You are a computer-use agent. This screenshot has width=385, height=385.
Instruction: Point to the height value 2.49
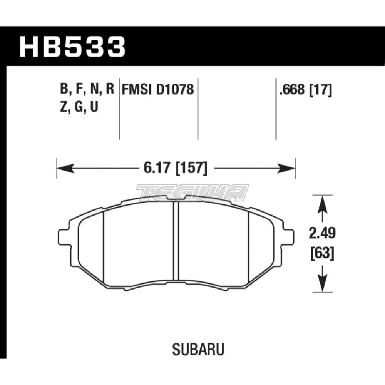[x=322, y=234]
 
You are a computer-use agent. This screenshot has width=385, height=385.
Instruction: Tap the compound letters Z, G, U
[x=79, y=107]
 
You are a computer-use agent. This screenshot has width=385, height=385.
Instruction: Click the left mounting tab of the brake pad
[x=62, y=235]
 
